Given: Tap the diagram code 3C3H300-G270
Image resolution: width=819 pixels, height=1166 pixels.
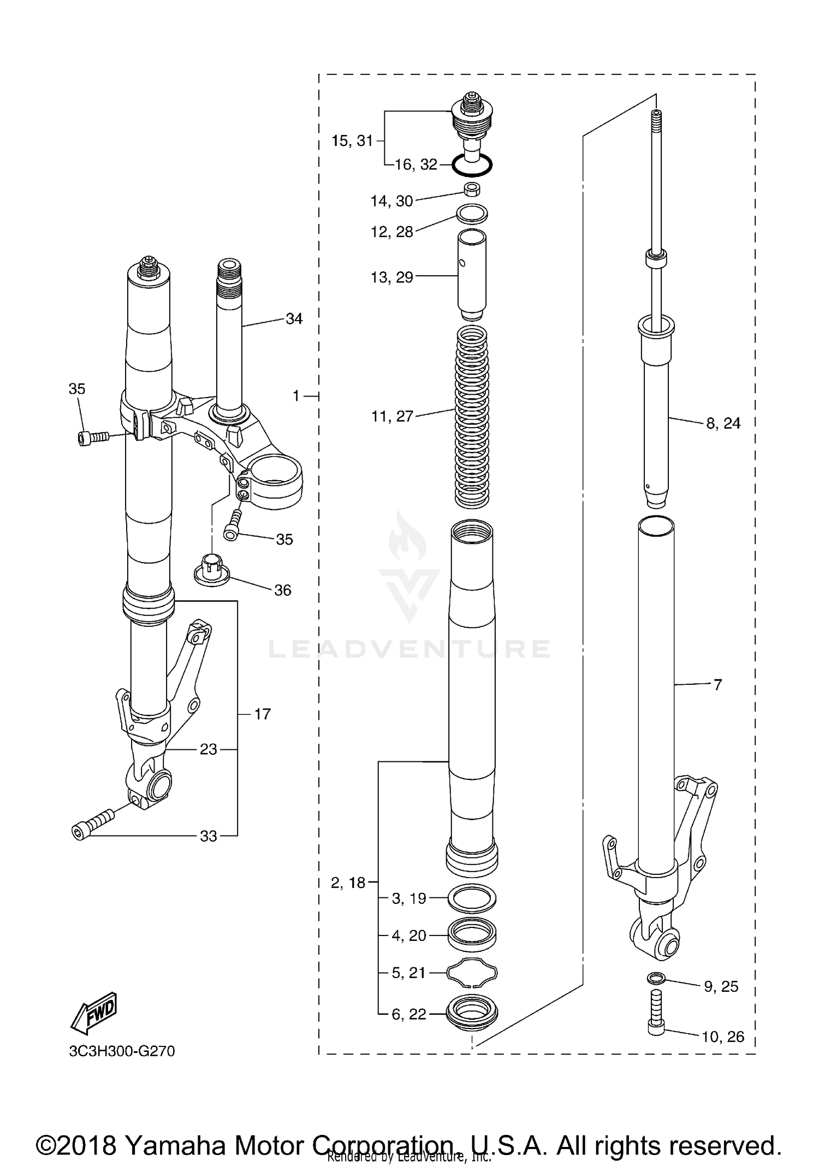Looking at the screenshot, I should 122,1051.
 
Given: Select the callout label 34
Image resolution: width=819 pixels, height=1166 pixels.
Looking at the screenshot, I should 294,318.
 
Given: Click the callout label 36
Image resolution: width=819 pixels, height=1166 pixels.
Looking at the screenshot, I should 282,590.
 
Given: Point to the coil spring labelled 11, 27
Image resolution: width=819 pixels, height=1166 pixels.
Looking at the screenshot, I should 472,416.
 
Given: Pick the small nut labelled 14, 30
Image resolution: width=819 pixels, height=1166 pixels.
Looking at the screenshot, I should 472,190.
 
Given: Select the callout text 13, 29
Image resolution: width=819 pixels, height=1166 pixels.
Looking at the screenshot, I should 391,277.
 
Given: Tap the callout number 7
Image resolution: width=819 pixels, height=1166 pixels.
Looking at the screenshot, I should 717,684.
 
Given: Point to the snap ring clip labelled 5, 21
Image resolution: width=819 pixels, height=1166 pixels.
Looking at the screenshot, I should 472,973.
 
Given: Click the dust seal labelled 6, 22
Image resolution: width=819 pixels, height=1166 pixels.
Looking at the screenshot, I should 472,1014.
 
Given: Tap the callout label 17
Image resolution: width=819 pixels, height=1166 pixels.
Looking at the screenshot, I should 262,714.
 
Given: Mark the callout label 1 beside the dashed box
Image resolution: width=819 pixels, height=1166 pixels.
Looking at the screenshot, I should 296,395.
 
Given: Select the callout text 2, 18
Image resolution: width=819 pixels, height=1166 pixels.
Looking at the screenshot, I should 348,883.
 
